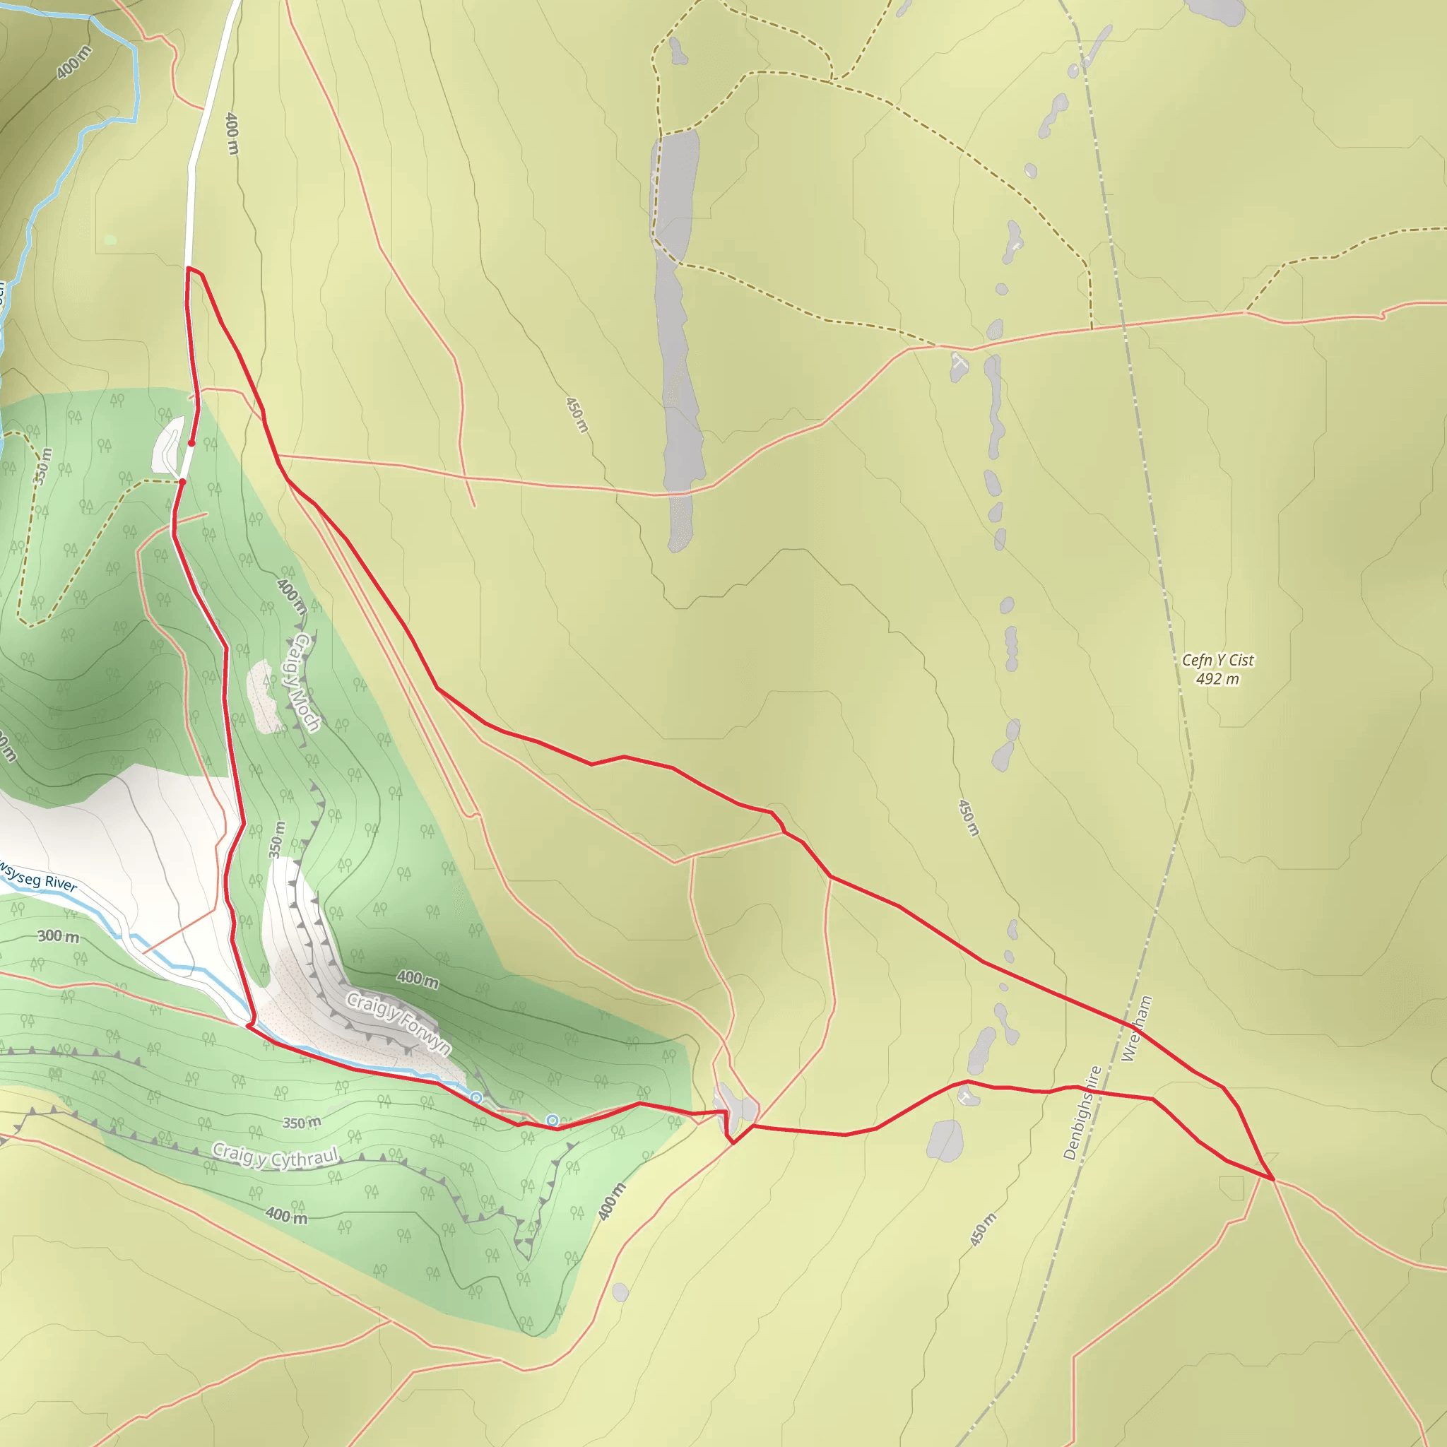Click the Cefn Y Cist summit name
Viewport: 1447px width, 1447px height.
[1217, 660]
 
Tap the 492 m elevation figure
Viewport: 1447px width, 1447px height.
[1217, 679]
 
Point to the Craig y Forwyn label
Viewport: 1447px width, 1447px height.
[399, 1022]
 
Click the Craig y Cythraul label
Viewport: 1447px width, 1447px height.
[276, 1157]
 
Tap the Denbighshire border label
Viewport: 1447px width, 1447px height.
[1082, 1113]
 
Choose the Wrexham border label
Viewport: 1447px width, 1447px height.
[1136, 1028]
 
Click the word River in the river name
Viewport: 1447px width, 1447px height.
[60, 882]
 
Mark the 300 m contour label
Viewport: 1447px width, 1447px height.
[59, 936]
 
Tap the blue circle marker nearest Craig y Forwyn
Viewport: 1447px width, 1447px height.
[476, 1097]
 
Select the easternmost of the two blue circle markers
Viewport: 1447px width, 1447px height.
[552, 1121]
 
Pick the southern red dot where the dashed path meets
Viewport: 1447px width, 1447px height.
[182, 482]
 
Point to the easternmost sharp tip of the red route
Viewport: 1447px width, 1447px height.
[1272, 1179]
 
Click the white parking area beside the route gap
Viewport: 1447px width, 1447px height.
[167, 446]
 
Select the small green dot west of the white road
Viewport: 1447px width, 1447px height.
[111, 240]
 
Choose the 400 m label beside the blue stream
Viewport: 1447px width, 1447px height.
[73, 61]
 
